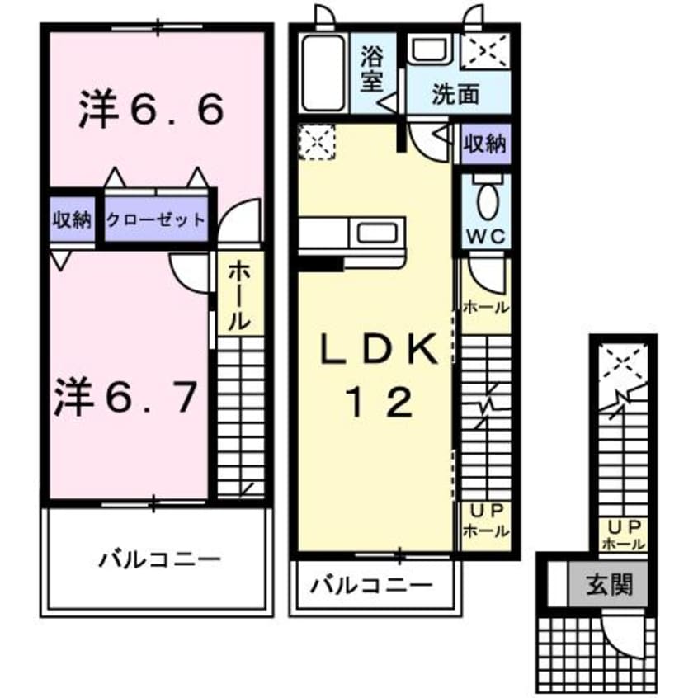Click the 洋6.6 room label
[x=151, y=111]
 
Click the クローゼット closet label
[x=155, y=219]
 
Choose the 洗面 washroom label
[x=455, y=94]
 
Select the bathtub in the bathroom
[x=321, y=72]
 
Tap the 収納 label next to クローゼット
[x=73, y=219]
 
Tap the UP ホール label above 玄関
[x=624, y=535]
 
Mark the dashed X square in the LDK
[x=317, y=140]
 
